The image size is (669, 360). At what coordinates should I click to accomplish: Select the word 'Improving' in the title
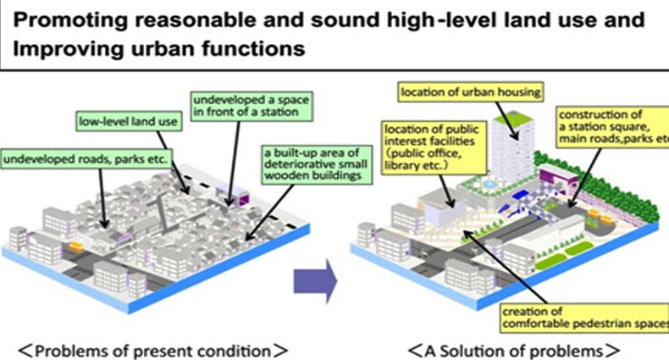coord(54,48)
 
